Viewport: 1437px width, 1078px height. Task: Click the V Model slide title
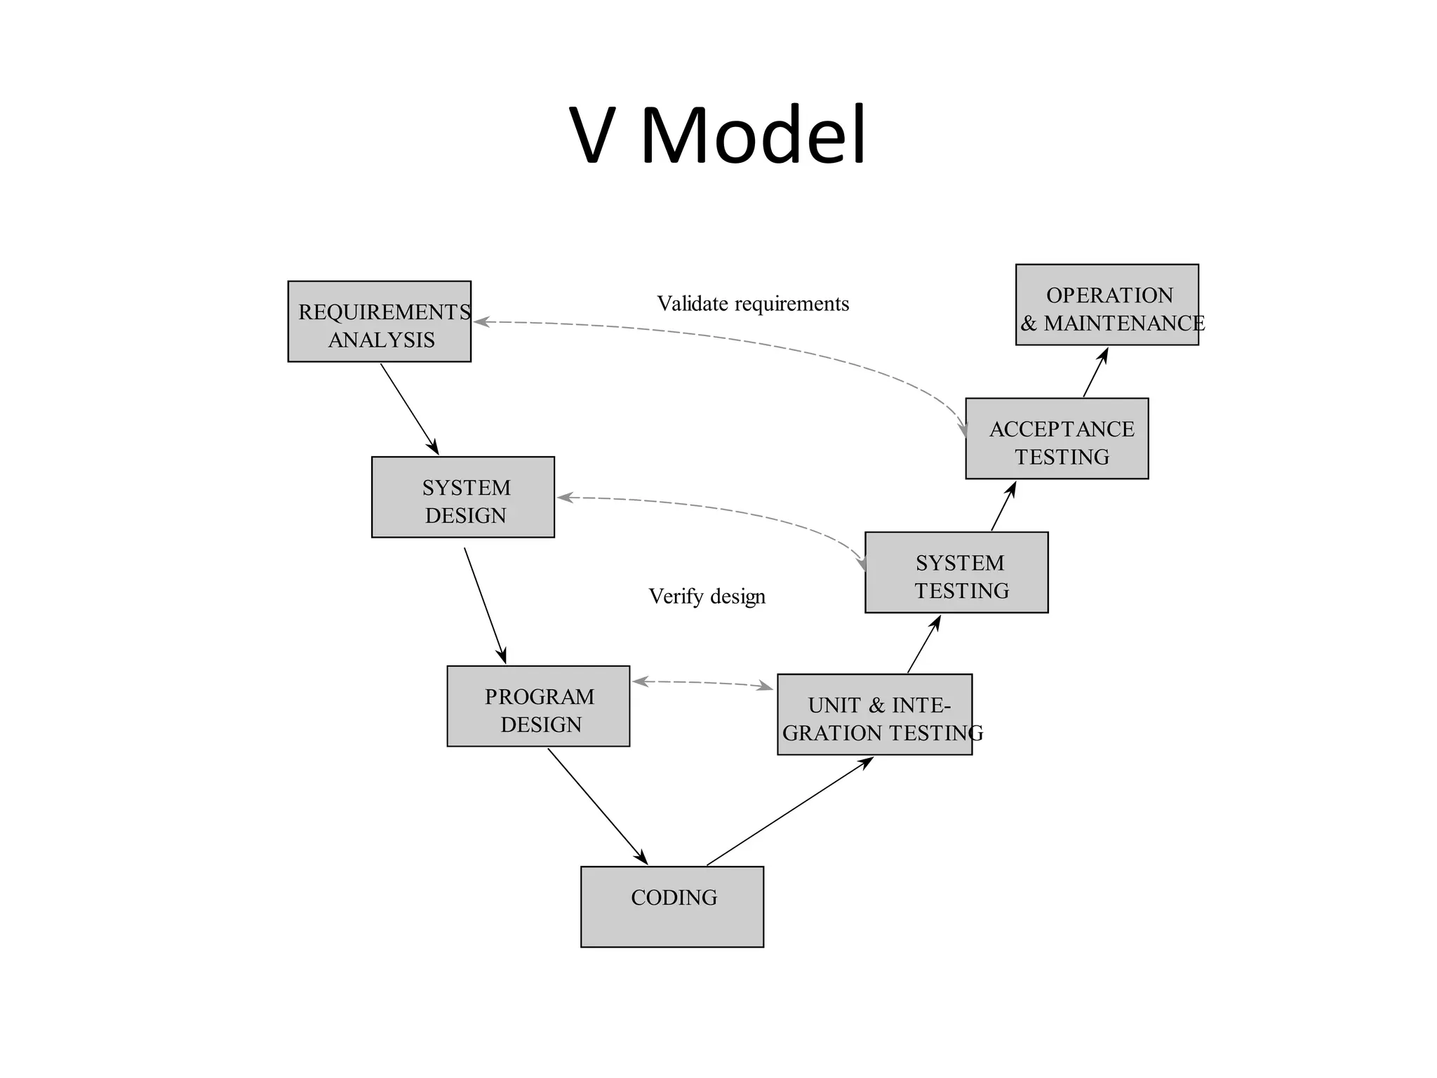pos(718,135)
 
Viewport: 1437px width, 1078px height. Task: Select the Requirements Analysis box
pos(379,321)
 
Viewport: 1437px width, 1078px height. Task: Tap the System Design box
pos(463,497)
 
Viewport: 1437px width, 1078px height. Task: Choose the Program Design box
pos(538,706)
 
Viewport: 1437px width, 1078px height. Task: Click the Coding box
pos(671,906)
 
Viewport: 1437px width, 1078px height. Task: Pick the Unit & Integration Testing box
pos(874,714)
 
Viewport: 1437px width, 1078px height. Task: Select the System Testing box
pos(956,572)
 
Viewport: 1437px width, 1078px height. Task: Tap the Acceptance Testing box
pos(1057,439)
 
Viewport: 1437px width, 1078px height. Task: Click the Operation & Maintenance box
pos(1107,305)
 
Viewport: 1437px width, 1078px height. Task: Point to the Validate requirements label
pos(752,304)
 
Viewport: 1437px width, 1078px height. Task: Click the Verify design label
pos(707,597)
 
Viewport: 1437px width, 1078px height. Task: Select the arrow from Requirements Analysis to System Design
pos(409,408)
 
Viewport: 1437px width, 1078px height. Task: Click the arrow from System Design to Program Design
pos(485,605)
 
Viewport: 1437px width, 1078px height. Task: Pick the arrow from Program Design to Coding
pos(597,806)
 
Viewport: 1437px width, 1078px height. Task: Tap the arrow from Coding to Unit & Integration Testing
pos(789,811)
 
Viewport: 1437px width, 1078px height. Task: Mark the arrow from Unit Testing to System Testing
pos(923,644)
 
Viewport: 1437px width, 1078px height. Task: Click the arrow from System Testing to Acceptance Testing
pos(1003,506)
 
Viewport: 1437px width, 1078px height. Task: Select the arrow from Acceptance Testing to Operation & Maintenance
pos(1095,373)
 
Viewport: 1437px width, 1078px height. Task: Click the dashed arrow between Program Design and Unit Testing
pos(702,682)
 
